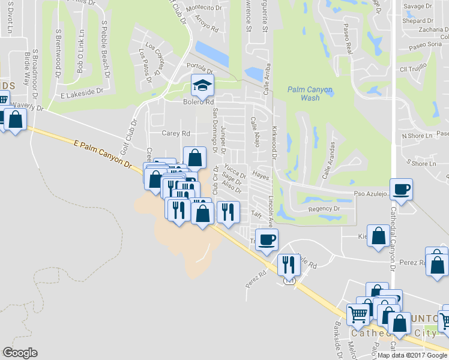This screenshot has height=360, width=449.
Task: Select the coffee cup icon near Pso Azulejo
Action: coord(401,190)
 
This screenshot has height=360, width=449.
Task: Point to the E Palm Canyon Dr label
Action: coord(102,154)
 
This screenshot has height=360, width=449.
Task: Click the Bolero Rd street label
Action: coord(199,102)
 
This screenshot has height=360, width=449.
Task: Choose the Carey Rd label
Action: coord(176,133)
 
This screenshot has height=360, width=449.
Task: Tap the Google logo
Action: coord(20,353)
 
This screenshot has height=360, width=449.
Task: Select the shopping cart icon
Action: coord(358,313)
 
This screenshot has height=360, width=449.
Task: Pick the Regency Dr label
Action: coord(324,209)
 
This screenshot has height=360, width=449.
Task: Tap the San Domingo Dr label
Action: coord(215,127)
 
